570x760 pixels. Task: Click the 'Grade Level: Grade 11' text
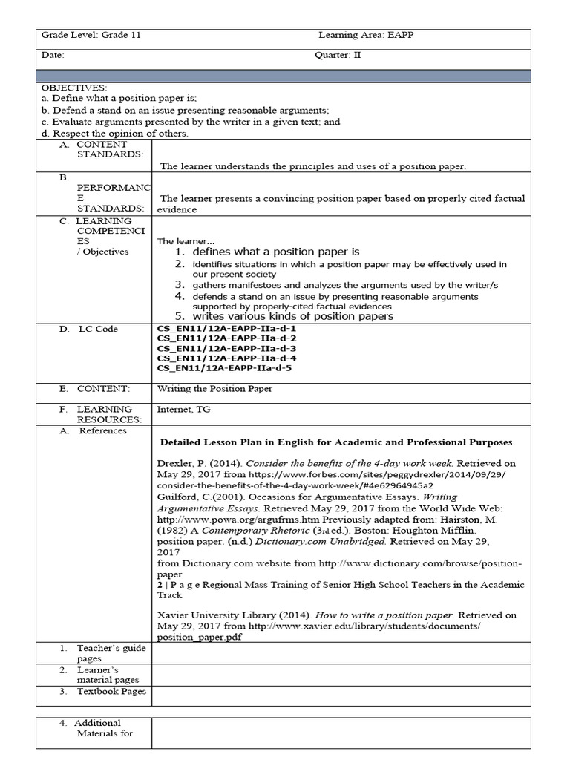pos(91,35)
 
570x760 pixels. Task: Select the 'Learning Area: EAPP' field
pos(361,35)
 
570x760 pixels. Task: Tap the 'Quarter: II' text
pos(338,55)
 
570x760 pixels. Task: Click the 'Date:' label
pos(53,55)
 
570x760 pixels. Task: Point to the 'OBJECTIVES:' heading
pos(74,88)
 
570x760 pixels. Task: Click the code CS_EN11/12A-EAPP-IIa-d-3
pos(226,348)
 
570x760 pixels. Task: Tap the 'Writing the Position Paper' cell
pos(214,388)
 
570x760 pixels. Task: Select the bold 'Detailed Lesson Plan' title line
pos(335,442)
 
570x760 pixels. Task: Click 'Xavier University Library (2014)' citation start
pos(229,615)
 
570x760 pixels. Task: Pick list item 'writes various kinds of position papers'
pos(292,317)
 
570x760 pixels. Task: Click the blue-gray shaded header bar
pos(284,76)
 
